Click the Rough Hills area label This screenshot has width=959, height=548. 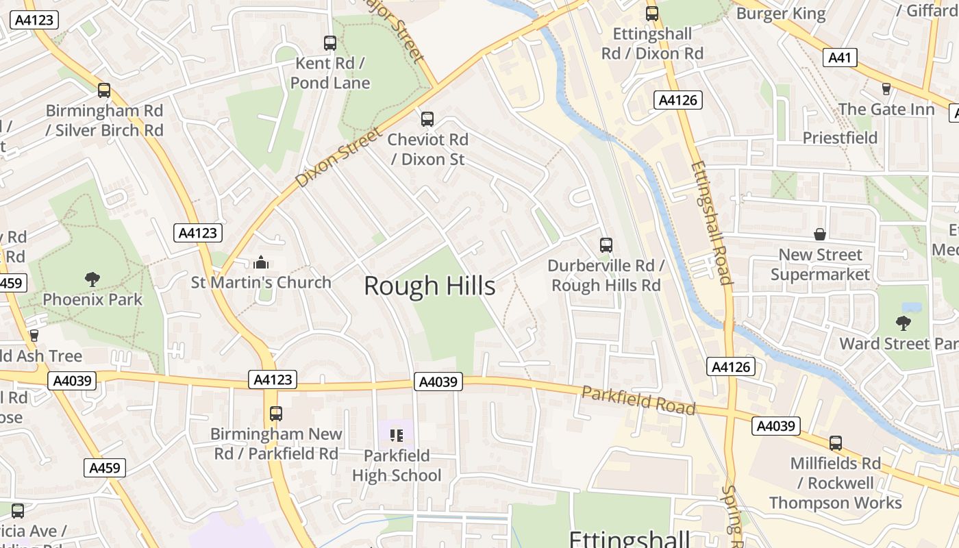(429, 286)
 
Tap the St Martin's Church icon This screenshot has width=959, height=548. (260, 262)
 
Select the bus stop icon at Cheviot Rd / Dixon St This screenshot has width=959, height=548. (427, 119)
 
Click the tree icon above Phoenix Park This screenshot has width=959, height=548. (92, 279)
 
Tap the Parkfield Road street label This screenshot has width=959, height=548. (638, 399)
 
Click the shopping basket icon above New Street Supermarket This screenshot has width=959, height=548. (820, 235)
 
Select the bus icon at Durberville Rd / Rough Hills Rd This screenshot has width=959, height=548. (606, 245)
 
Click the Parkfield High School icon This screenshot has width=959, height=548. (397, 435)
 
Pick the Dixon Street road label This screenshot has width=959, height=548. (338, 157)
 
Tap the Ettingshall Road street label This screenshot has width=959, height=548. (712, 223)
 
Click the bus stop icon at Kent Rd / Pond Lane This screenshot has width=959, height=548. (330, 43)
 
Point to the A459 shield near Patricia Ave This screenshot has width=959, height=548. (105, 468)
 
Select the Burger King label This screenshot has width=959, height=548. (781, 13)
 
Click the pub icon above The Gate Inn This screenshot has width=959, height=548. (886, 89)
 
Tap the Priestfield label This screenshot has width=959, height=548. (840, 138)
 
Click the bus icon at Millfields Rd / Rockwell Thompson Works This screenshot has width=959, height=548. (835, 443)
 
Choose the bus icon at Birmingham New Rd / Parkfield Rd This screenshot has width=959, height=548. (276, 414)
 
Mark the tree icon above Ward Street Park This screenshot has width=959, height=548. (904, 323)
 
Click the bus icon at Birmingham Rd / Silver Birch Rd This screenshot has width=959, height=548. (104, 90)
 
